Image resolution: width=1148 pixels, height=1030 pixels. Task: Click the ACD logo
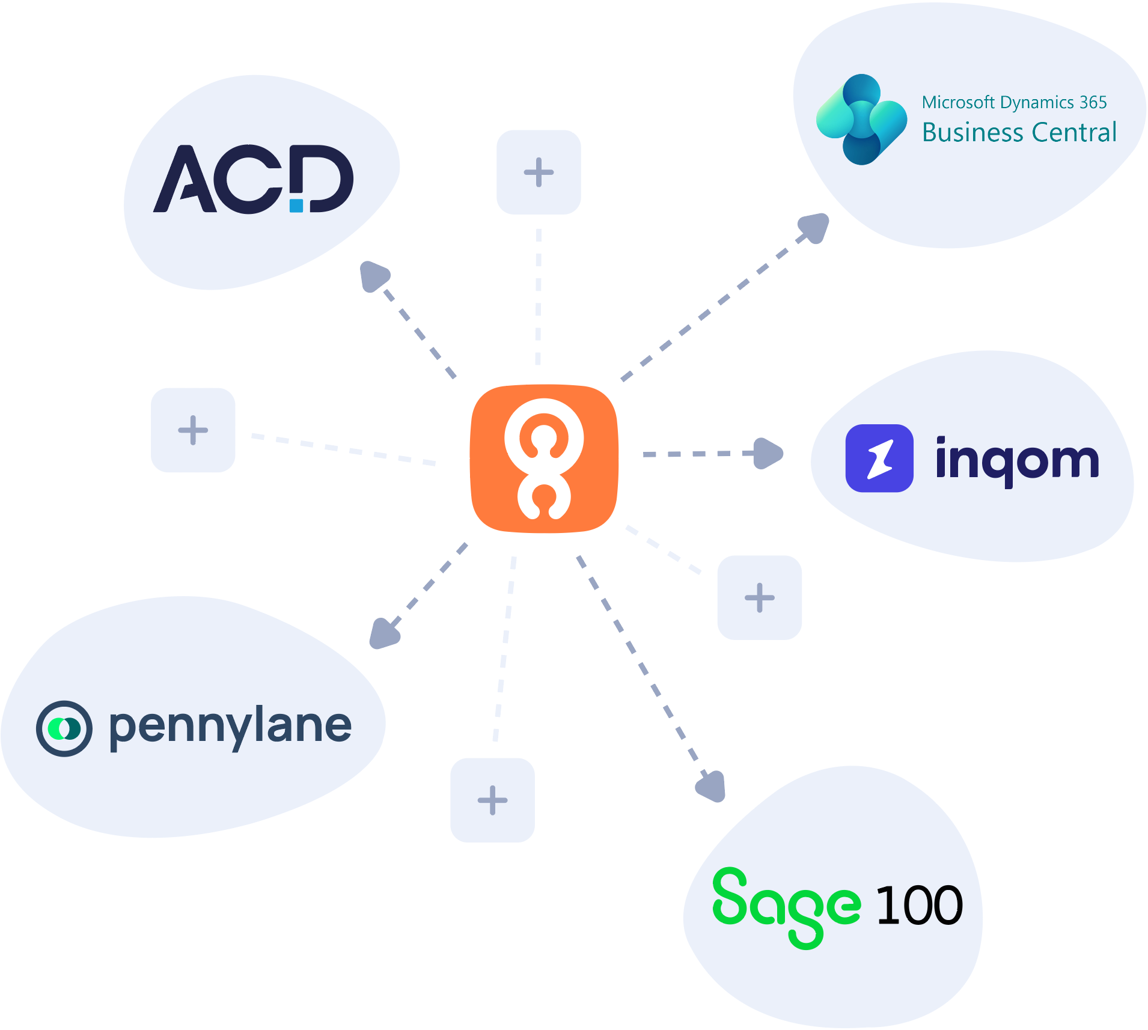(x=253, y=179)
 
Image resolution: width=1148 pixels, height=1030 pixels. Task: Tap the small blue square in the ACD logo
(x=296, y=206)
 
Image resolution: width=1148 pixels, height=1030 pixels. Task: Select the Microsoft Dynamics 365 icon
(x=861, y=120)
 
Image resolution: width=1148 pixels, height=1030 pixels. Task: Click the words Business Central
(x=1019, y=133)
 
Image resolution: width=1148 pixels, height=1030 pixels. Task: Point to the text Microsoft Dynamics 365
(x=1015, y=103)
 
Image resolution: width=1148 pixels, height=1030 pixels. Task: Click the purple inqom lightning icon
(x=879, y=459)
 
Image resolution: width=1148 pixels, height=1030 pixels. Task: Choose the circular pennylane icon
(x=64, y=728)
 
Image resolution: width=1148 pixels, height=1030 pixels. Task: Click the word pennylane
(x=230, y=728)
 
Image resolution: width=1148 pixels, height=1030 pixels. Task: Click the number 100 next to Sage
(x=920, y=905)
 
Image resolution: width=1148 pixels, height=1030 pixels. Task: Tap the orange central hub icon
(x=545, y=459)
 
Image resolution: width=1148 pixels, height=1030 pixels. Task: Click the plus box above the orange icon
(x=539, y=172)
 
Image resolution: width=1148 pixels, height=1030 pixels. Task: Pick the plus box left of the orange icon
(x=193, y=430)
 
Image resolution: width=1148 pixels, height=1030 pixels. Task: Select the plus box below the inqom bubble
(x=760, y=598)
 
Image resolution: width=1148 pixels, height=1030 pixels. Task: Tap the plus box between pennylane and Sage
(x=493, y=800)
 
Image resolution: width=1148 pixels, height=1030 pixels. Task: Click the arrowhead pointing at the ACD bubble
(x=374, y=276)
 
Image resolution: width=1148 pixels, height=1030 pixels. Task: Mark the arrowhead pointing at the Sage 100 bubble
(x=712, y=786)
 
